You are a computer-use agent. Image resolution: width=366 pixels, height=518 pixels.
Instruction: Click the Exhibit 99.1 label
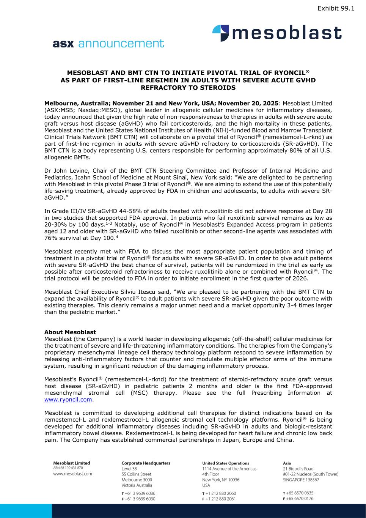[336, 8]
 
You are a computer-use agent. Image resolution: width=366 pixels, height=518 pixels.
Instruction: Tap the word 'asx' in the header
[63, 44]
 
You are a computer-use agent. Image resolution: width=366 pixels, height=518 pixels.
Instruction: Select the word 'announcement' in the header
[121, 44]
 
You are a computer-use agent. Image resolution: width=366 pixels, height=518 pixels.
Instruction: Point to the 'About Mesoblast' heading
[70, 332]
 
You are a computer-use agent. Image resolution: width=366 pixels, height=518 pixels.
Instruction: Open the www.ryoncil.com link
[68, 400]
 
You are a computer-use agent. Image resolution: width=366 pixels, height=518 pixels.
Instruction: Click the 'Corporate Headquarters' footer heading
[146, 463]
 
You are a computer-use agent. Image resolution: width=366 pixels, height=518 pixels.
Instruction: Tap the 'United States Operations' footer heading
[226, 463]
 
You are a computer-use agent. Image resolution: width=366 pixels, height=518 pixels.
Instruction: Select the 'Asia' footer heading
[287, 463]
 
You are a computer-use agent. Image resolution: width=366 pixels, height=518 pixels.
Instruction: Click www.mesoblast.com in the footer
[72, 474]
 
